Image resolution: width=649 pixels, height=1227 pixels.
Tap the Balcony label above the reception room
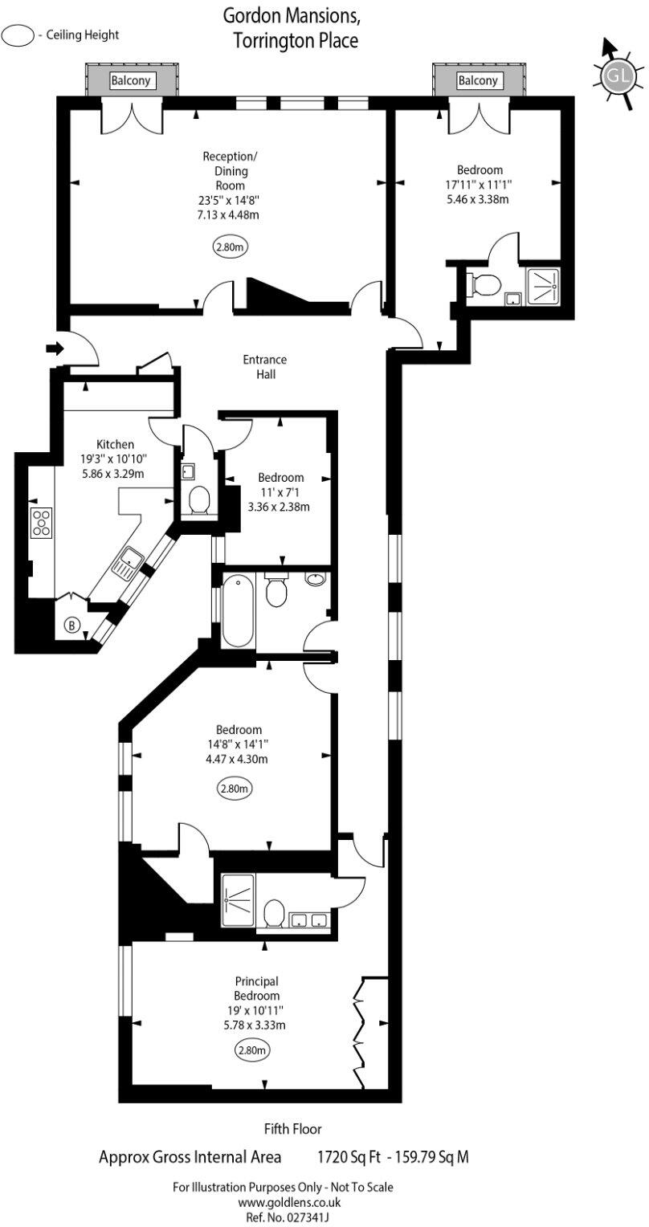133,81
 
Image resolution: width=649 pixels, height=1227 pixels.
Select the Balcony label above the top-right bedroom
479,81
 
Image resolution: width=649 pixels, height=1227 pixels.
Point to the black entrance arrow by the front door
55,348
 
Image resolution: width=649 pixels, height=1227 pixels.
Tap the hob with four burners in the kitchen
40,523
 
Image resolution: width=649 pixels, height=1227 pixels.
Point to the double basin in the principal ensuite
308,920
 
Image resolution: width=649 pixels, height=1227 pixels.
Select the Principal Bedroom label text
256,988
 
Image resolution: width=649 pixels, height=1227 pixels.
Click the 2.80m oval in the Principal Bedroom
251,1050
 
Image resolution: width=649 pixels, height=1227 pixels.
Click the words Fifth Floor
292,1129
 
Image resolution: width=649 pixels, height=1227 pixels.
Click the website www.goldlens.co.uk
289,1202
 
